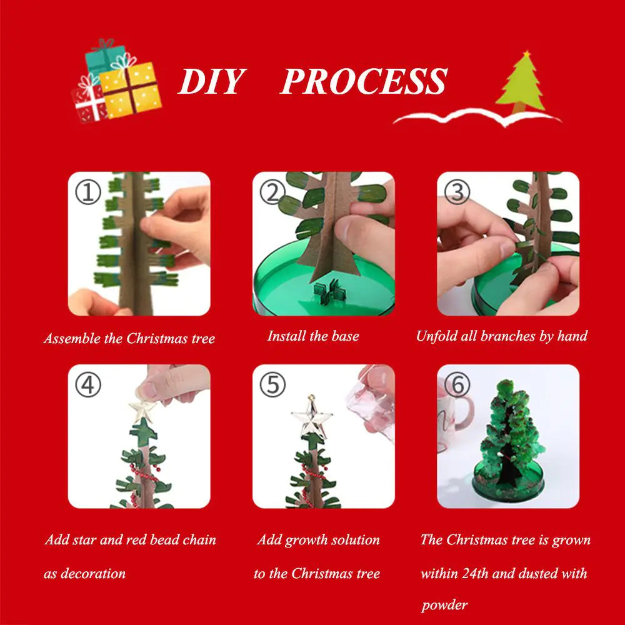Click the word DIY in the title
210,81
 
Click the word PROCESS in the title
364,81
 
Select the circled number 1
87,192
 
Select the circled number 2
272,192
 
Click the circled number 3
456,192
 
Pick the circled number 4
87,385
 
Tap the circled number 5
272,385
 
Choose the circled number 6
457,385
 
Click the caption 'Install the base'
313,336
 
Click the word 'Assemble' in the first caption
71,339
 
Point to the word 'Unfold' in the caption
437,336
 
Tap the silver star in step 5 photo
311,416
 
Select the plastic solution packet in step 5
375,406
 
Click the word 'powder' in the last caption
444,604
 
